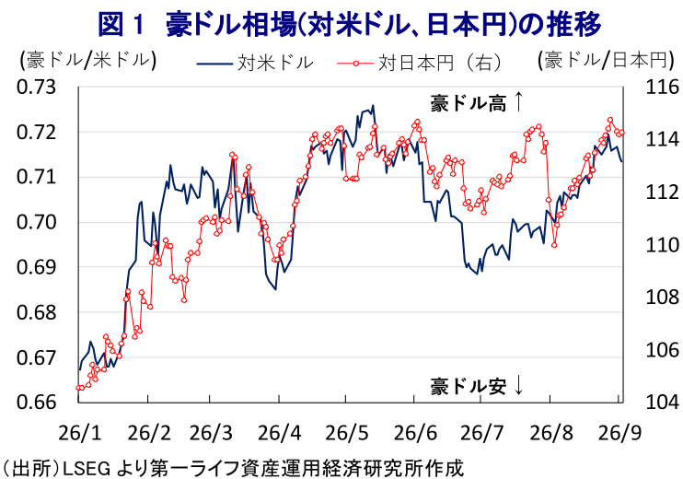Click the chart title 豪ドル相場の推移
(x=350, y=24)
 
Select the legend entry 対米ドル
(x=255, y=64)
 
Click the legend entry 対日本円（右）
(x=420, y=64)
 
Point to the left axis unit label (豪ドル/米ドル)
(x=87, y=60)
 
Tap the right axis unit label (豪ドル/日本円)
(x=606, y=60)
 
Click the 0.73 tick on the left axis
(x=37, y=88)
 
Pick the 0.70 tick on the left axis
(x=37, y=222)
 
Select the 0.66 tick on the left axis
(x=37, y=402)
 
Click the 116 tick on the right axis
(x=662, y=88)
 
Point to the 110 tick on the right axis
(x=662, y=245)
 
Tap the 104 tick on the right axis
(x=662, y=402)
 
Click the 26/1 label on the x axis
(x=79, y=433)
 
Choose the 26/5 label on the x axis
(x=347, y=433)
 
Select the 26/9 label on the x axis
(x=619, y=433)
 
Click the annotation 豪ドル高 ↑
(x=477, y=103)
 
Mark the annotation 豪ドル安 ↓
(x=477, y=386)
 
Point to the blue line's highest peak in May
(x=373, y=105)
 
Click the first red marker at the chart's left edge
(x=78, y=388)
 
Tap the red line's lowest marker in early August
(x=554, y=245)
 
